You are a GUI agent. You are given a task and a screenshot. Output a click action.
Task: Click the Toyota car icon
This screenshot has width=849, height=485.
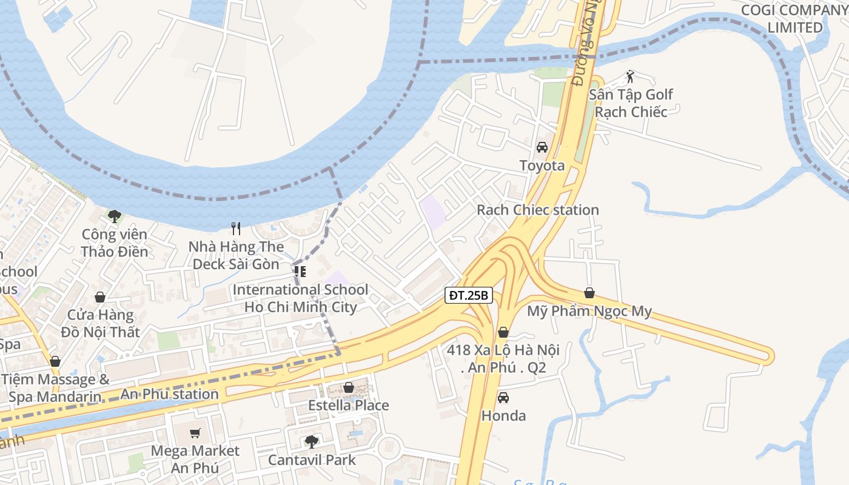(x=542, y=147)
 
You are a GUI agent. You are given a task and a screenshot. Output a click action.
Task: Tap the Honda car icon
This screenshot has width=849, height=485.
(x=503, y=398)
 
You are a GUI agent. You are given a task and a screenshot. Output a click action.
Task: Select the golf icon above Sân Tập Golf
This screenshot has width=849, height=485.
(x=630, y=76)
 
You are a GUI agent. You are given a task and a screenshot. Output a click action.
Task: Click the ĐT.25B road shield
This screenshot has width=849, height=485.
(x=469, y=296)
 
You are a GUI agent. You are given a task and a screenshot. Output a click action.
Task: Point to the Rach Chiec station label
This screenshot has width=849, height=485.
(x=537, y=210)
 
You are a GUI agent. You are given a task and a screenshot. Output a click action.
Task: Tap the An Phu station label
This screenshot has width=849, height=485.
(x=169, y=394)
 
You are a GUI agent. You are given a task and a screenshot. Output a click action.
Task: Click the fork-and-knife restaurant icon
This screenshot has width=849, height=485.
(x=236, y=229)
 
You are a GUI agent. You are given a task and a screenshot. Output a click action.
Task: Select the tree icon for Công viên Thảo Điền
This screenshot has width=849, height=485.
(x=114, y=216)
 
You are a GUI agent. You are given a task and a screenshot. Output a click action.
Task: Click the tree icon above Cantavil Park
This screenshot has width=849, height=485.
(x=311, y=441)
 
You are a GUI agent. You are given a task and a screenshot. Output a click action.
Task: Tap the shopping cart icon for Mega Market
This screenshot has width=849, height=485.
(x=195, y=433)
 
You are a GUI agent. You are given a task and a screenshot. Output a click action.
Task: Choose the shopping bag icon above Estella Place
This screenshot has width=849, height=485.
(x=348, y=387)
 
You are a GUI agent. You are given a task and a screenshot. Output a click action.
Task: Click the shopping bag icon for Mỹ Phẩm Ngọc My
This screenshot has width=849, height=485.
(x=589, y=293)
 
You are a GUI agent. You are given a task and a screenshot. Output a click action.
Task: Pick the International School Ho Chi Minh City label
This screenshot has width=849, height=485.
(x=300, y=298)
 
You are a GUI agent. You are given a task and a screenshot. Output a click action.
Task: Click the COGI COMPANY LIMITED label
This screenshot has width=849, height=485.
(x=794, y=19)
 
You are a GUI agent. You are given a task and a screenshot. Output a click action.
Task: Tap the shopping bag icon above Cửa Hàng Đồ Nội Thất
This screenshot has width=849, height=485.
(x=99, y=297)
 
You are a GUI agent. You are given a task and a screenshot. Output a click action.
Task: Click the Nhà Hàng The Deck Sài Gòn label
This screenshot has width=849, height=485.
(x=236, y=255)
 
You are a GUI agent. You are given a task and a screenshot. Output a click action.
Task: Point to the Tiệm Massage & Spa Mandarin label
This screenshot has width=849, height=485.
(x=56, y=389)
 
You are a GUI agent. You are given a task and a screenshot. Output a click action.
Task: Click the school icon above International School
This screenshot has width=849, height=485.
(x=300, y=271)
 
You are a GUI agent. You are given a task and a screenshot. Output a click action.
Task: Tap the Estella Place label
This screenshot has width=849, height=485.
(x=348, y=405)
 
